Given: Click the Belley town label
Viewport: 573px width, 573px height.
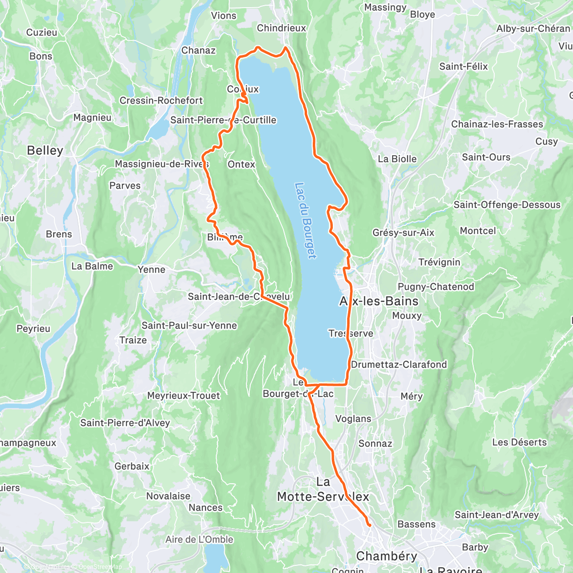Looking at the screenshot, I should coord(45,150).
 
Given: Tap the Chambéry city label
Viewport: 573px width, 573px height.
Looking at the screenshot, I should coord(387,556).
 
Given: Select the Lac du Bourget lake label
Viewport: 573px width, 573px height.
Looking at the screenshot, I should coord(306,221).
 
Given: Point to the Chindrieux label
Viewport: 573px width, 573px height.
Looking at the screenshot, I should coord(281,28).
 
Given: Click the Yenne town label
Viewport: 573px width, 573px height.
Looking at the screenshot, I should coord(151,269).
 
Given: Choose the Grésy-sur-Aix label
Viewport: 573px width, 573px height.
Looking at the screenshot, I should coord(403,233).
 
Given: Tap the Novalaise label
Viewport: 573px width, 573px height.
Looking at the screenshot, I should coord(168,496).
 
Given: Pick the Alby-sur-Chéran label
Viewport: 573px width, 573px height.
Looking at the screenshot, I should coord(533,29).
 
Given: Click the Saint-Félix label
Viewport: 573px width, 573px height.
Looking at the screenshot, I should coord(464,66).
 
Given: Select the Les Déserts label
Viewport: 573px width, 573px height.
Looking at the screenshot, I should coord(520,442).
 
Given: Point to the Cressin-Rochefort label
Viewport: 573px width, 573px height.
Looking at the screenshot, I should coord(161,101).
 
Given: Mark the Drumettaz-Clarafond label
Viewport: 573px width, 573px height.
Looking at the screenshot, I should coord(399,364).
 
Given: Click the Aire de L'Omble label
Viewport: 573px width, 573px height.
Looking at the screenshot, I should coord(199,540).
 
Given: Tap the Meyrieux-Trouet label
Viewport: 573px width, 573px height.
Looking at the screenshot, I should coord(183,395).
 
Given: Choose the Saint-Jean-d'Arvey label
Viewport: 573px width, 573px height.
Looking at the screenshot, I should coord(497,515).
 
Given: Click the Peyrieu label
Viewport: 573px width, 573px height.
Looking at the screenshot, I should coord(33,329).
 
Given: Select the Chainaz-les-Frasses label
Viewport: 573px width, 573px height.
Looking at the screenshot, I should coord(497,124).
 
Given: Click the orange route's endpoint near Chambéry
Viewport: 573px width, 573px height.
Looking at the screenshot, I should coord(369,525).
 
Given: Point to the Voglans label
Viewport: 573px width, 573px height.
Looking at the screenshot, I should coord(353,419).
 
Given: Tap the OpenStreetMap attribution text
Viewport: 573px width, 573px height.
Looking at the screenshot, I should coord(100,567).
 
